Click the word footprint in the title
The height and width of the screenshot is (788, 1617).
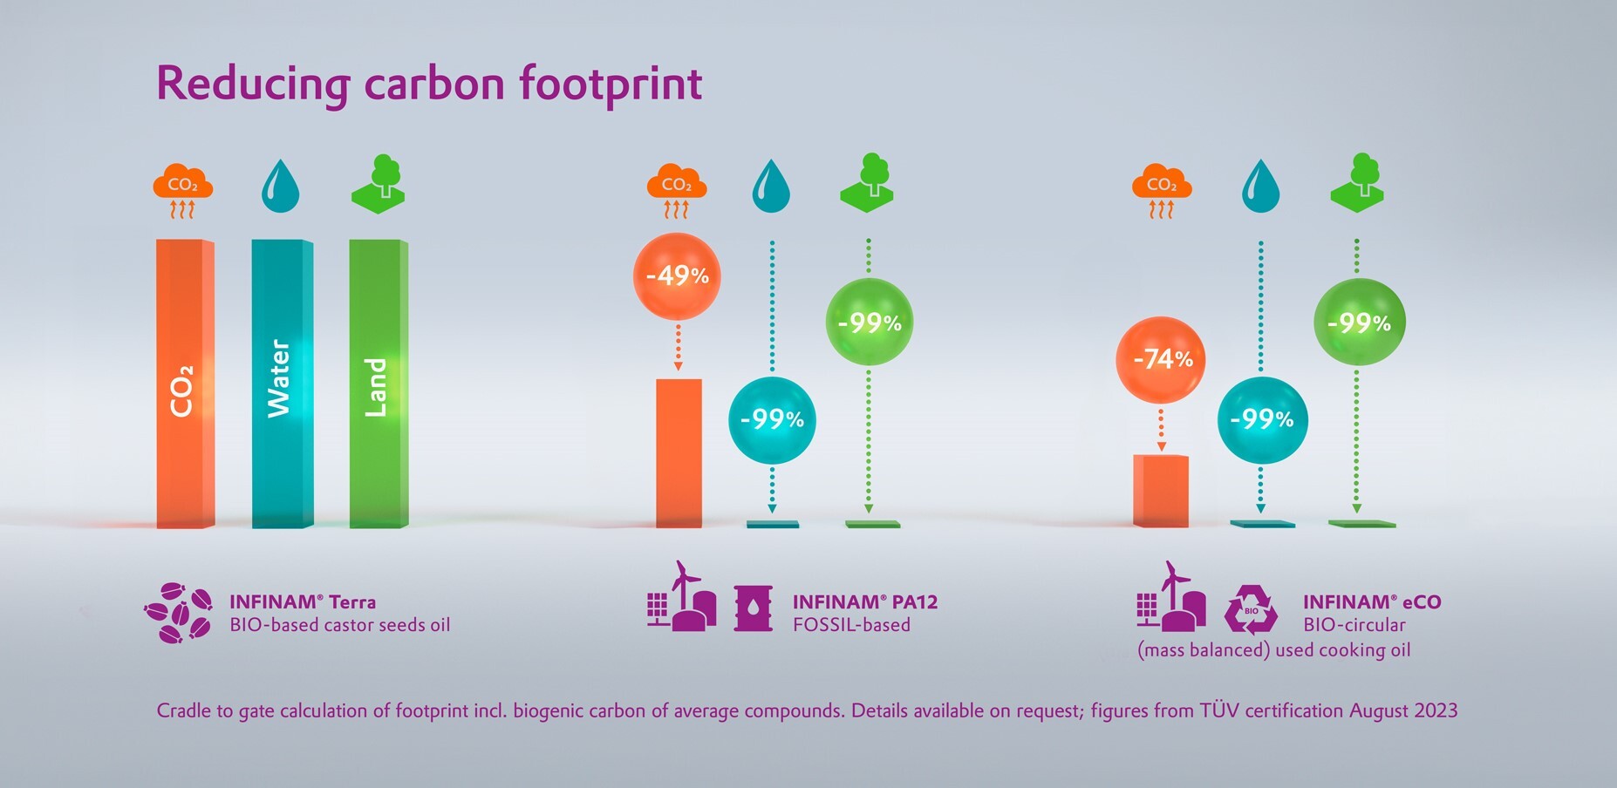pyautogui.click(x=611, y=84)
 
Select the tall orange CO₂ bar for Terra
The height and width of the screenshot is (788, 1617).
pyautogui.click(x=185, y=384)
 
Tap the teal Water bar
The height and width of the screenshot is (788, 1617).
pyautogui.click(x=282, y=384)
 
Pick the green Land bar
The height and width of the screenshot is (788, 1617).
pyautogui.click(x=379, y=384)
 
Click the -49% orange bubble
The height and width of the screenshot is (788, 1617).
pyautogui.click(x=677, y=276)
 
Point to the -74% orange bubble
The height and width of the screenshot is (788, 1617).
pyautogui.click(x=1161, y=359)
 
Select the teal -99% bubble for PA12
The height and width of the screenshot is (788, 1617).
pyautogui.click(x=772, y=420)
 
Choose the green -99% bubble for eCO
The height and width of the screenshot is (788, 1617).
pyautogui.click(x=1359, y=323)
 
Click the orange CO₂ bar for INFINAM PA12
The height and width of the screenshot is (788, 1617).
pyautogui.click(x=679, y=453)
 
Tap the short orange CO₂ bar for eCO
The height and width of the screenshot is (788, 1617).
pyautogui.click(x=1161, y=491)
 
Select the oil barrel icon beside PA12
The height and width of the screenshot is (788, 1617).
pyautogui.click(x=753, y=608)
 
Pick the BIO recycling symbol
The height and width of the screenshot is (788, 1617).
pyautogui.click(x=1251, y=609)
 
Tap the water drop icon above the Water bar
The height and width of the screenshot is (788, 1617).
pyautogui.click(x=280, y=186)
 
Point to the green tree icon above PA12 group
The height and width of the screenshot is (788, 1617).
pyautogui.click(x=869, y=183)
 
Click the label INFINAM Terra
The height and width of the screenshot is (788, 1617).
pyautogui.click(x=303, y=601)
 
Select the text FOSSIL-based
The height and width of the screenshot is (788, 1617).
pyautogui.click(x=851, y=625)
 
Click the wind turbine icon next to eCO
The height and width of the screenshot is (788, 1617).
pyautogui.click(x=1171, y=594)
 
